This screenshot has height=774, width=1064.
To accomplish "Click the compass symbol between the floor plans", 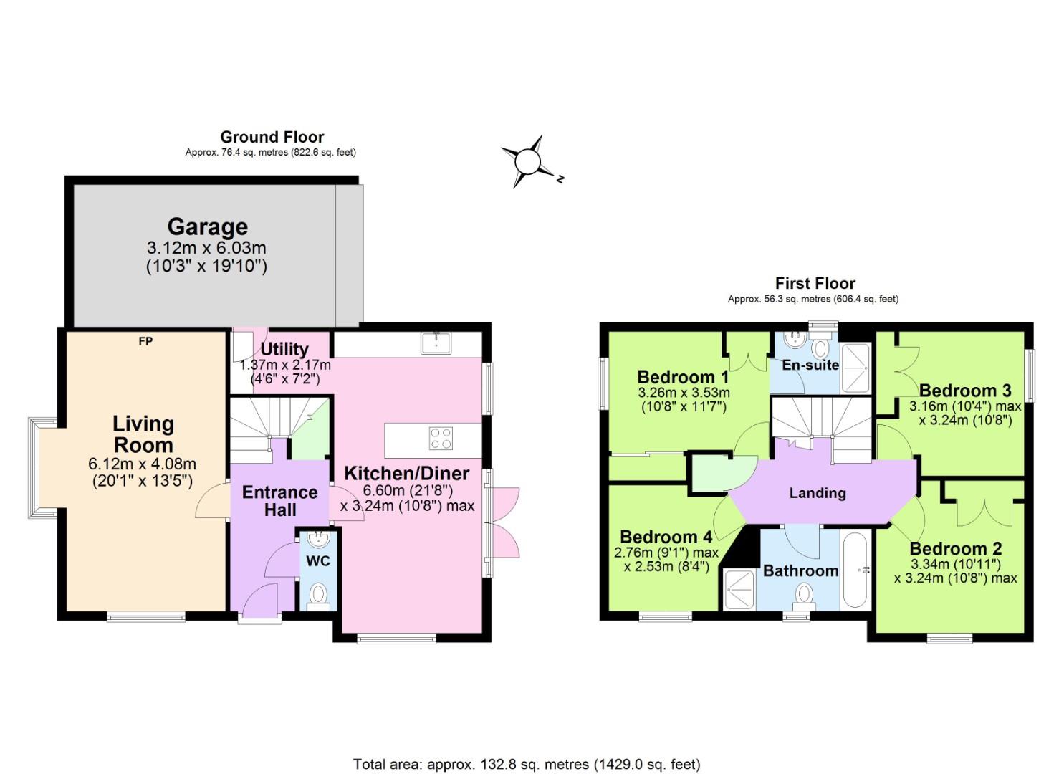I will click(529, 161).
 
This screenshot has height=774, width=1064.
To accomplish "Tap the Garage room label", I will click(207, 226).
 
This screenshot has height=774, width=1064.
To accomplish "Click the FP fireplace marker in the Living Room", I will click(145, 341).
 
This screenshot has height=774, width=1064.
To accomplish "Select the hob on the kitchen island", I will click(441, 438).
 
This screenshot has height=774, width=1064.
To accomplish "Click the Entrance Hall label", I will click(279, 501).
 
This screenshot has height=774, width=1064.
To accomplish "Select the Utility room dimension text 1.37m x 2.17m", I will click(284, 365).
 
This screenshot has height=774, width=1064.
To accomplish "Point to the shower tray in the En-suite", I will click(855, 368).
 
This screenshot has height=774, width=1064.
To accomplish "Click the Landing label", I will click(817, 493).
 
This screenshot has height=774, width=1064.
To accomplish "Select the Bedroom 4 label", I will click(666, 537).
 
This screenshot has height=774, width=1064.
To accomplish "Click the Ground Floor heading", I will click(272, 137).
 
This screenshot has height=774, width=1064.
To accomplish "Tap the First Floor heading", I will click(815, 283).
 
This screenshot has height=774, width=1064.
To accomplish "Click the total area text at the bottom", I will click(526, 764).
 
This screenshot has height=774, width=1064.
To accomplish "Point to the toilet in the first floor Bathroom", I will click(805, 596).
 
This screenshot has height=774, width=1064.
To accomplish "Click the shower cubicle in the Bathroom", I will click(739, 589).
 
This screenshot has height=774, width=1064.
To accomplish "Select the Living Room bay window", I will click(37, 468).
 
